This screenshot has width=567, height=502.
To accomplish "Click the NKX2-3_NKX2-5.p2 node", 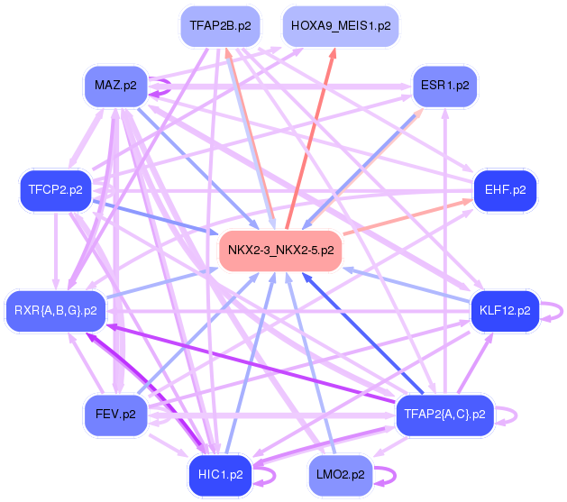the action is [x=280, y=251].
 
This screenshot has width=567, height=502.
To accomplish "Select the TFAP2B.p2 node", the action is [x=220, y=26].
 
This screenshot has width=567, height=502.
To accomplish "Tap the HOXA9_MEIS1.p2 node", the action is [x=341, y=26].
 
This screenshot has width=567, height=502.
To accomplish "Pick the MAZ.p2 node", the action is [x=115, y=86].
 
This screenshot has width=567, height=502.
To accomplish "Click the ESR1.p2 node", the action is [x=444, y=86].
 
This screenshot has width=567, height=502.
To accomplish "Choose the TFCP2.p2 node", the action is [x=56, y=190].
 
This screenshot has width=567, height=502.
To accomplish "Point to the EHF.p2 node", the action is [x=505, y=190].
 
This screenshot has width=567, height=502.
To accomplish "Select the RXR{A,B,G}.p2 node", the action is [x=56, y=311].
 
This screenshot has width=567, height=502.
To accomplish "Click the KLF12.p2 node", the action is [x=505, y=311].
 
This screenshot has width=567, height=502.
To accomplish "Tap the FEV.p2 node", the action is [x=115, y=415].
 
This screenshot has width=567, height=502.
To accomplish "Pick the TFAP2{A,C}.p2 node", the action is [x=444, y=415].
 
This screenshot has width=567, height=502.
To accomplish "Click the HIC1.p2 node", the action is [x=220, y=475].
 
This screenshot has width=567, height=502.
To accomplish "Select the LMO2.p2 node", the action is [x=341, y=475].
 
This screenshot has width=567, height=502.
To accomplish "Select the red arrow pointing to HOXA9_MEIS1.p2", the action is [x=311, y=139].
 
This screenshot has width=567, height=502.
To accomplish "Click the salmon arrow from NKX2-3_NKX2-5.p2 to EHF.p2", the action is [x=408, y=217].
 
